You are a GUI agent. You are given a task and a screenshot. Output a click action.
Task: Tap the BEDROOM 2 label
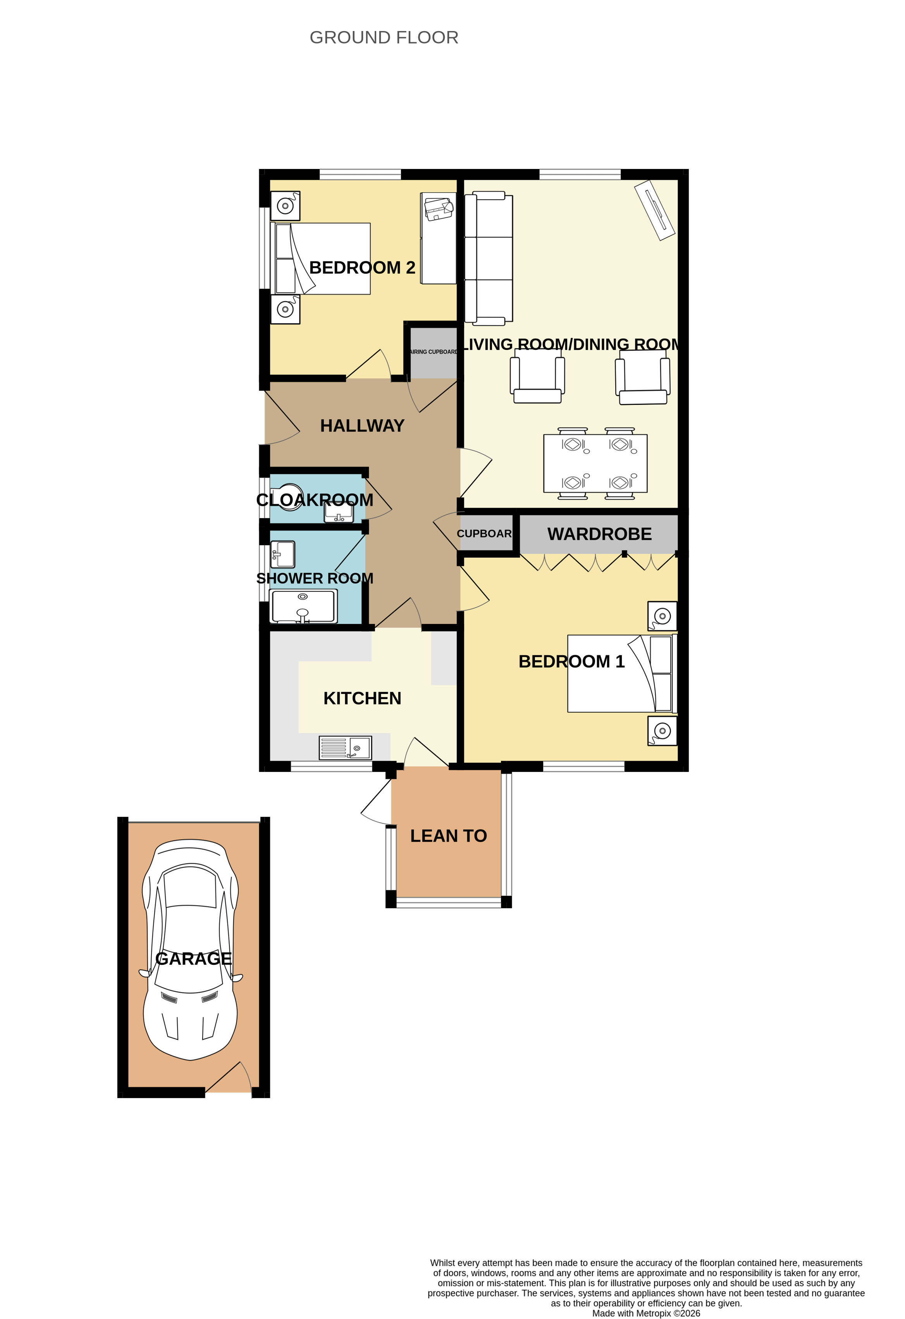pos(362,267)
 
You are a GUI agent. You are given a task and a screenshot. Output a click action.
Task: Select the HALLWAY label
pos(362,426)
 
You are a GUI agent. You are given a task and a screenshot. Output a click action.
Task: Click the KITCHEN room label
pos(362,698)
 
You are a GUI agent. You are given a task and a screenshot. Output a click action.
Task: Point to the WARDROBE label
pos(599,534)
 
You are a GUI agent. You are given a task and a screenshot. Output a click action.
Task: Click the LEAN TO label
pos(448,836)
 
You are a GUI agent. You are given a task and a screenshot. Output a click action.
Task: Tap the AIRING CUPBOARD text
pos(434,352)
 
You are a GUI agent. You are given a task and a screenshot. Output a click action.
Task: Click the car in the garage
pos(191,949)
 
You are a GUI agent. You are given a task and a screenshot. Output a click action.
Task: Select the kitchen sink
pos(345,747)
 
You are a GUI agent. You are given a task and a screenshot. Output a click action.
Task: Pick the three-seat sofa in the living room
pos(489,258)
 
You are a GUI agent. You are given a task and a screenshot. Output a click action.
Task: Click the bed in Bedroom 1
pos(622,674)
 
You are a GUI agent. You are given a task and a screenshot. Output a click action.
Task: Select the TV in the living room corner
pos(655,210)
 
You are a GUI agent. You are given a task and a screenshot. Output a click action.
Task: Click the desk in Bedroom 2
pos(438,238)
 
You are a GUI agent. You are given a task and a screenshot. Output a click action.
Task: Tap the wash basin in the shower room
pos(282,554)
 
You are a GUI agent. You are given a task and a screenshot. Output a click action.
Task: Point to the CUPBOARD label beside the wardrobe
pos(484,534)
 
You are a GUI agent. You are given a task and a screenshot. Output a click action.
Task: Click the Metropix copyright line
pos(646,1313)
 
